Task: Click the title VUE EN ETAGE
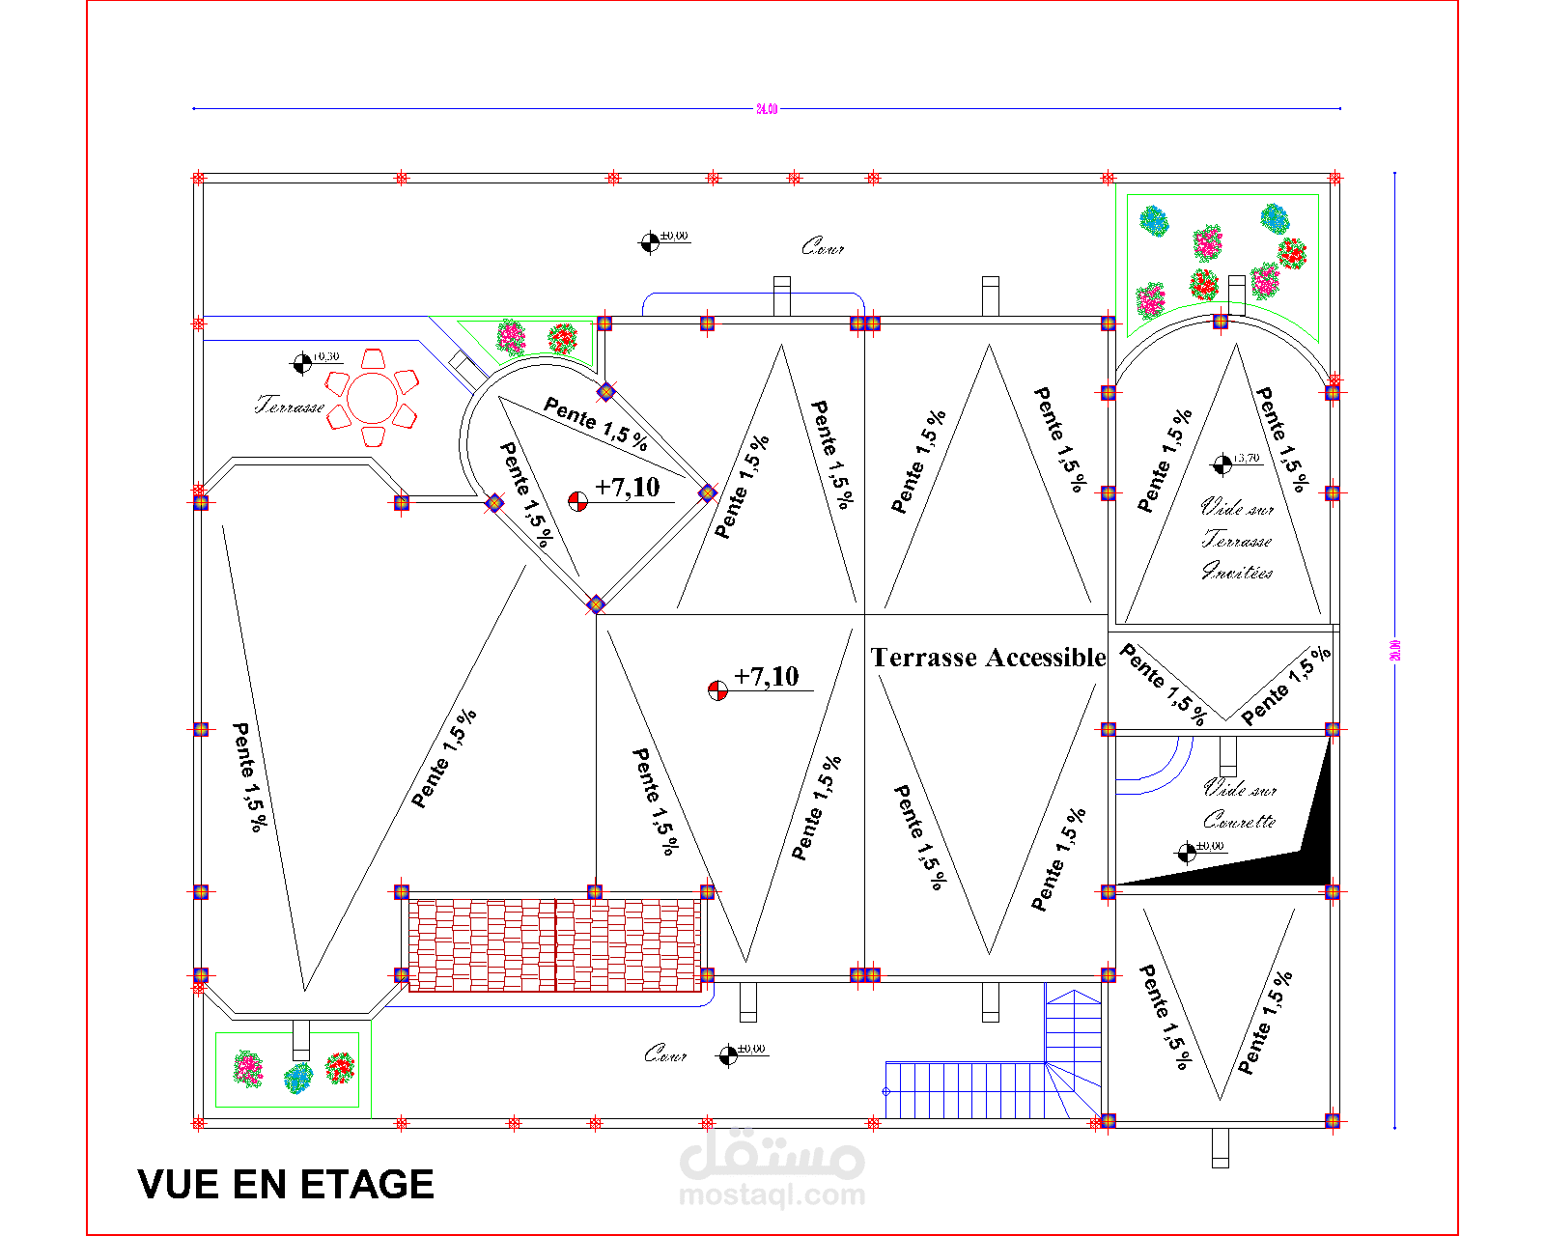coord(286,1185)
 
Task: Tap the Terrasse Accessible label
coord(988,658)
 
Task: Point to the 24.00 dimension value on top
coord(766,109)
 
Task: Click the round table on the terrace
coord(372,399)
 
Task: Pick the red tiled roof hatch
coord(554,944)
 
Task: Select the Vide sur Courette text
coord(1240,804)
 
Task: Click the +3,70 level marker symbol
coord(1222,464)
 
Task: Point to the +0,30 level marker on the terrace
coord(303,363)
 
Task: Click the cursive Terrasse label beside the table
coord(290,406)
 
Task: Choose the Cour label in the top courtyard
coord(823,248)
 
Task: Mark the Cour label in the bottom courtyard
coord(665,1053)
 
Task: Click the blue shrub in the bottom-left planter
coord(298,1077)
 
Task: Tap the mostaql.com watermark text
coord(772,1195)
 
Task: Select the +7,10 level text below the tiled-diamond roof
coord(767,677)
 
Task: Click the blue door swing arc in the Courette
coord(1159,768)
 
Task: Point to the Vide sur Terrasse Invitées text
coord(1237,540)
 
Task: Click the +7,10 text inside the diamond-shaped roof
coord(628,488)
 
